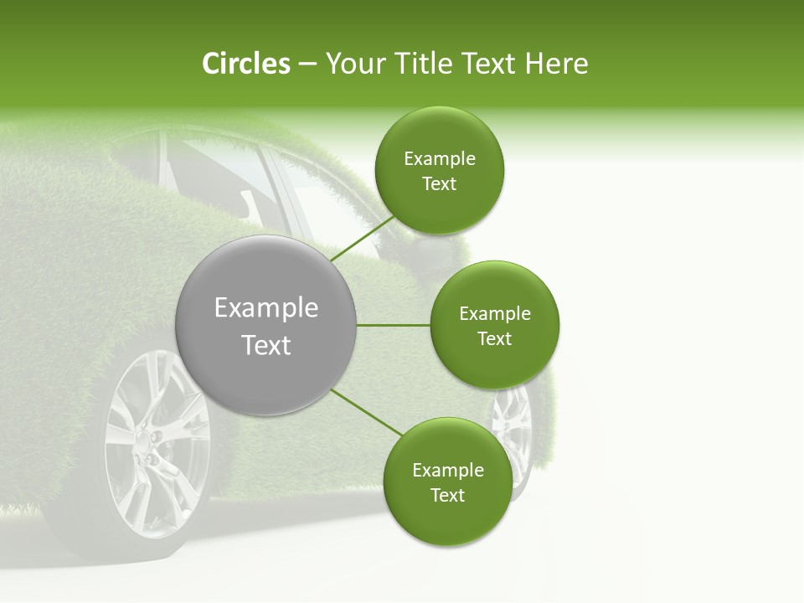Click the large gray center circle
pos(266,325)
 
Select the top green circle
pos(439,170)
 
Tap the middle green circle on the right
pos(494,325)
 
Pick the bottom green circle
pos(447,482)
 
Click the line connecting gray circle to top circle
pos(362,239)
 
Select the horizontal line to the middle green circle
pos(393,325)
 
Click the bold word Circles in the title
pos(245,64)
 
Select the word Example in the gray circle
pos(266,308)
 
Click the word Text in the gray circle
pos(266,345)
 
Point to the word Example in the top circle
pos(439,159)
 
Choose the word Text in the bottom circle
pos(447,495)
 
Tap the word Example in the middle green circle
pos(494,314)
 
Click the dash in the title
pos(307,64)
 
